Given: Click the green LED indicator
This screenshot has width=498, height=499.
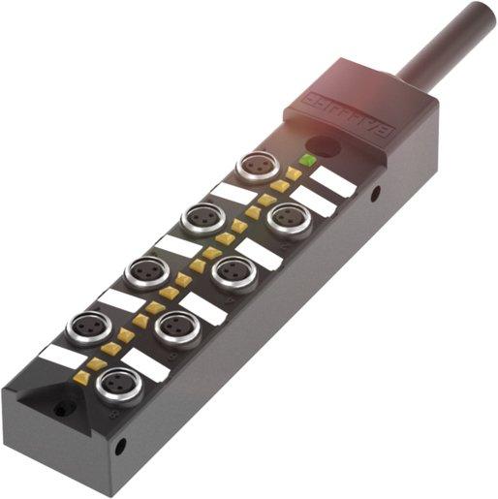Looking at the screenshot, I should click(308, 159).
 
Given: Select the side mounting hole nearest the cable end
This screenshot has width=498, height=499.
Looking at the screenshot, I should click(374, 195).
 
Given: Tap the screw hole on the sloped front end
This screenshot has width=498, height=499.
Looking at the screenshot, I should click(60, 410).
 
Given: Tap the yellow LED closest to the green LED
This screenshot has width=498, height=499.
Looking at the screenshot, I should click(293, 174).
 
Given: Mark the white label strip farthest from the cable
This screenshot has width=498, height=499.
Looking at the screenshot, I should click(60, 356).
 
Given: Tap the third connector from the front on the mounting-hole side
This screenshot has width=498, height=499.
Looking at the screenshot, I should click(233, 272).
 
